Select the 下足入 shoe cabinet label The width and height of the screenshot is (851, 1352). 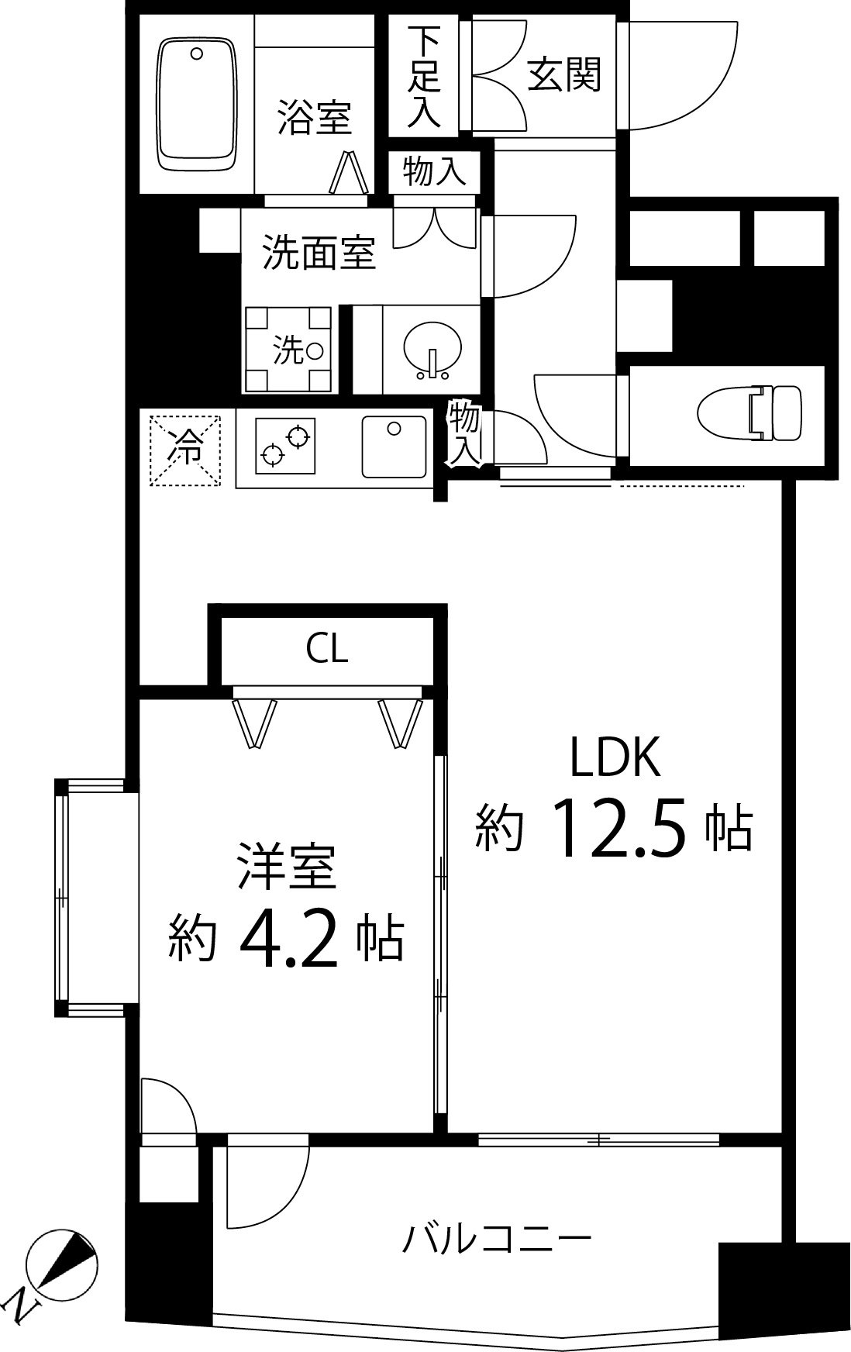425,78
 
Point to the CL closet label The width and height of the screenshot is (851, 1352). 327,650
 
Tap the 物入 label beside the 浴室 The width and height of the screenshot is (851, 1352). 434,170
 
